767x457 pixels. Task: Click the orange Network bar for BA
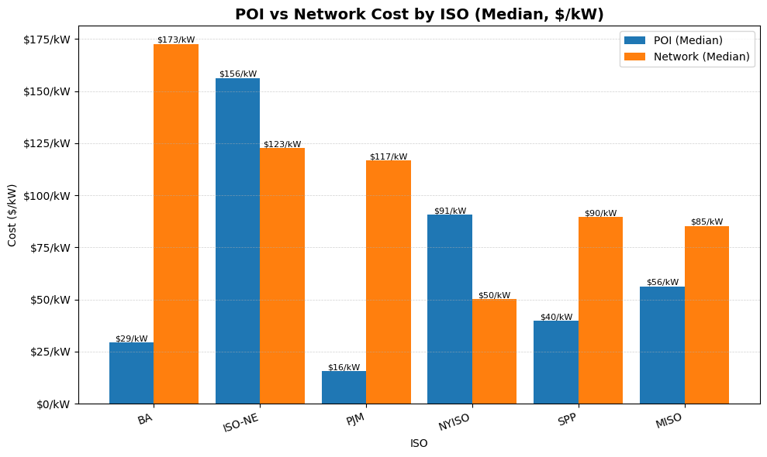(x=176, y=224)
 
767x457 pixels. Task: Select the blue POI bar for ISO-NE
(x=237, y=241)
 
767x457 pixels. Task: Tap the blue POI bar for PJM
(x=344, y=387)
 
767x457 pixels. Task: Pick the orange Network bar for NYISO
(x=494, y=351)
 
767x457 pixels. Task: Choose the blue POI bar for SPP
(x=555, y=362)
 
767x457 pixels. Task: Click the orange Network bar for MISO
(x=707, y=314)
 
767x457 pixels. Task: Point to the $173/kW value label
(x=176, y=40)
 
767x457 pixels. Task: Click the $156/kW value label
(x=237, y=74)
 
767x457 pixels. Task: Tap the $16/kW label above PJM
(x=344, y=367)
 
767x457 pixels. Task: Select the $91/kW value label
(x=450, y=211)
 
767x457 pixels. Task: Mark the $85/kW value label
(x=707, y=222)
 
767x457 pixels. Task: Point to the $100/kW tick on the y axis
(x=49, y=195)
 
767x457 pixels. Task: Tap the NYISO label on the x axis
(x=454, y=422)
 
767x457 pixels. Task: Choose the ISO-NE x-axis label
(x=241, y=422)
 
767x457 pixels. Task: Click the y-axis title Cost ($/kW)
(x=12, y=215)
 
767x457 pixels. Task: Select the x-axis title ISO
(x=419, y=444)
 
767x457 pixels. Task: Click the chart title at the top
(x=419, y=14)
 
